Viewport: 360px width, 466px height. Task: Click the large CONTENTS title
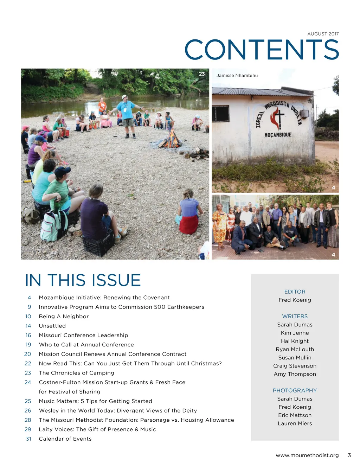tap(262, 50)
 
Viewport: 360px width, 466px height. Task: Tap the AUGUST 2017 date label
tap(323, 34)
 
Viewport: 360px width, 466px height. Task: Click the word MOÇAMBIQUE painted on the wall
tap(278, 135)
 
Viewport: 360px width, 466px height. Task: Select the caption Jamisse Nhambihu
tap(237, 75)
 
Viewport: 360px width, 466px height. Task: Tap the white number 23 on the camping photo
tap(202, 74)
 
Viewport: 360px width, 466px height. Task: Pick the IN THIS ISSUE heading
tap(83, 280)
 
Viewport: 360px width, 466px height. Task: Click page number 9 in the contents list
tap(30, 307)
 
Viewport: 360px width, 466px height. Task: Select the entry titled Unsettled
tap(52, 326)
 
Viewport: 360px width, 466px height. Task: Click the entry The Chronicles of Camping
tap(77, 373)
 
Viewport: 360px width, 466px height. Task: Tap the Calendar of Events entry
tap(65, 439)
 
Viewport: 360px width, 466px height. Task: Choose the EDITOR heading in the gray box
tap(295, 292)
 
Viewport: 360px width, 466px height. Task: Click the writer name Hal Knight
tap(295, 341)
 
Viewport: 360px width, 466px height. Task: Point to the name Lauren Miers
tap(295, 423)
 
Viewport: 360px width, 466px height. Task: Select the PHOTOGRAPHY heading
tap(295, 390)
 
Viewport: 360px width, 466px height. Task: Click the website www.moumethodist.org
tap(307, 455)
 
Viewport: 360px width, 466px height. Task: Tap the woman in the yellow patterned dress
tap(219, 225)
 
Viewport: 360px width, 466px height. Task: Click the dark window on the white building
tap(220, 114)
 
